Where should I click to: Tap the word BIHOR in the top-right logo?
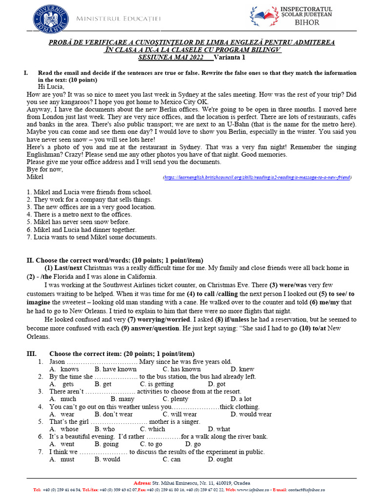[307, 22]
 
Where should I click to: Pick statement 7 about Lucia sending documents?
[92, 237]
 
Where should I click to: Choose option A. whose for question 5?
[64, 429]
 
